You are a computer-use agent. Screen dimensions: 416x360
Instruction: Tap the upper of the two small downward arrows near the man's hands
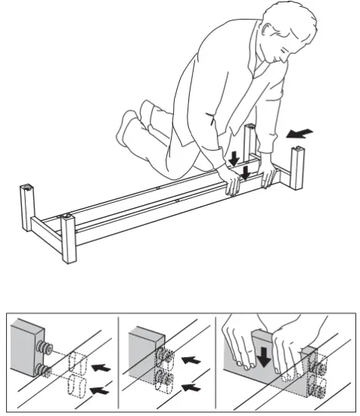234,157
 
